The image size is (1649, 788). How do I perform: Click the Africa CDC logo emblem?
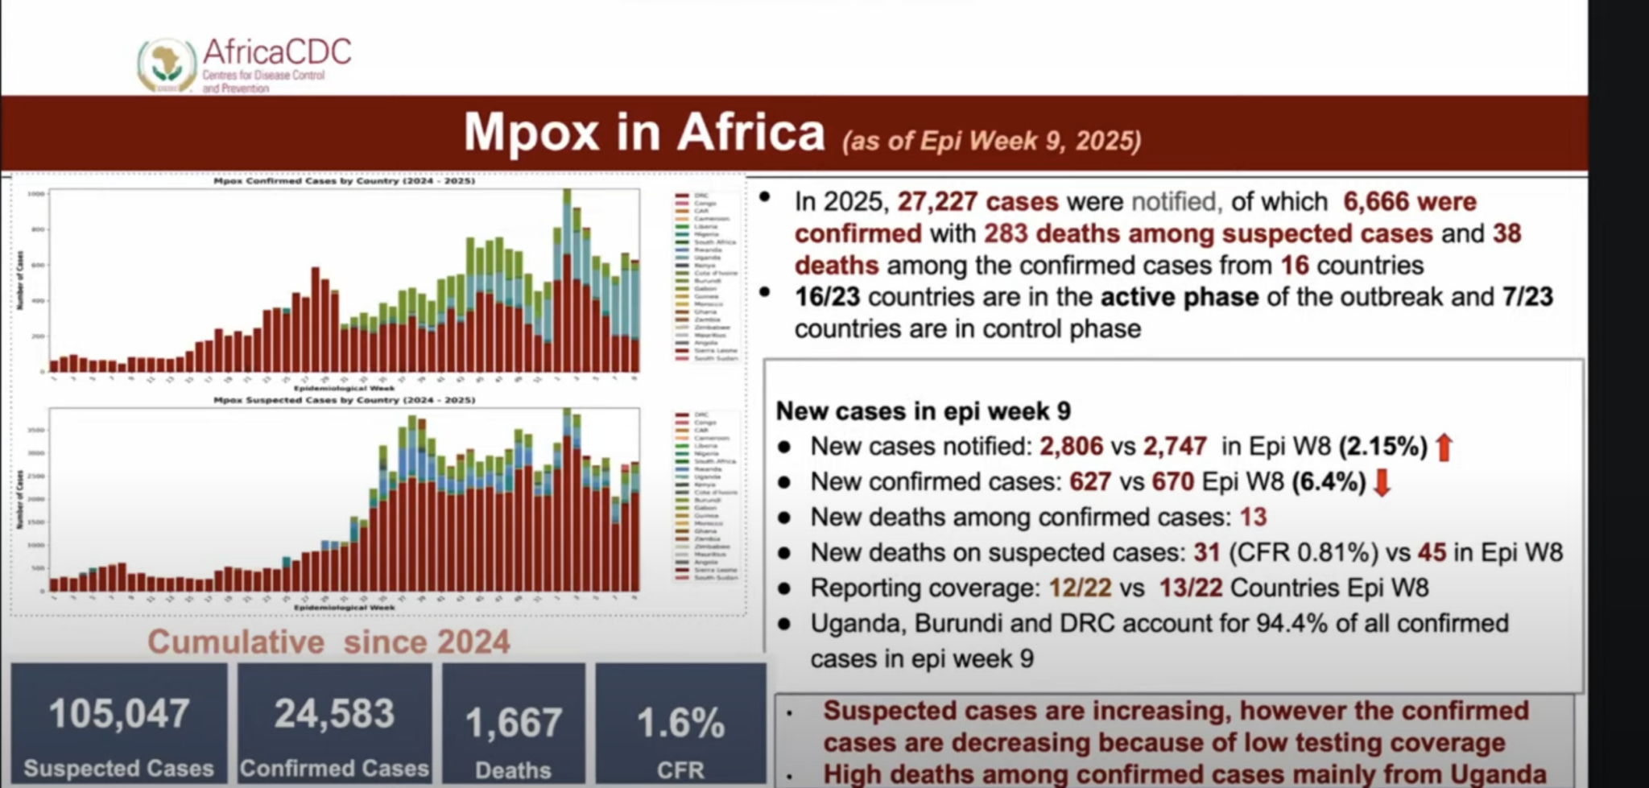point(167,64)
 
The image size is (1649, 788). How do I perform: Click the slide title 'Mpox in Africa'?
point(644,132)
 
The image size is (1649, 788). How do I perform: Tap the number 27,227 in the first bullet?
point(937,201)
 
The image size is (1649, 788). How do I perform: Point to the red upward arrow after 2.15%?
point(1444,447)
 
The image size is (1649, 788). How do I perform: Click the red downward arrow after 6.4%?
point(1382,482)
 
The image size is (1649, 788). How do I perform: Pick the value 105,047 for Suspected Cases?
point(119,714)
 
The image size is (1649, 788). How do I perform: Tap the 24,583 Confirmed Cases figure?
point(334,714)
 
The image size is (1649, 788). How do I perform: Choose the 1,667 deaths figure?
point(514,722)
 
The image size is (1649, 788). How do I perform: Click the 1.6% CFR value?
point(680,722)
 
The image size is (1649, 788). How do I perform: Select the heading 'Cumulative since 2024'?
point(329,642)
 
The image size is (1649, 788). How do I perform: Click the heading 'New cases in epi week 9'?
point(923,411)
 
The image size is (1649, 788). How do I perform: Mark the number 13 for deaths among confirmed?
point(1253,518)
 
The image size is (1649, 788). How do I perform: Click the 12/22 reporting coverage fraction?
point(1080,588)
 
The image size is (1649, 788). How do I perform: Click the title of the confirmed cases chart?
point(344,181)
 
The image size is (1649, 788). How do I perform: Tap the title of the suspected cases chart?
point(344,400)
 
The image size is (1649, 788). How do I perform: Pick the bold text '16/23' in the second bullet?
point(827,297)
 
